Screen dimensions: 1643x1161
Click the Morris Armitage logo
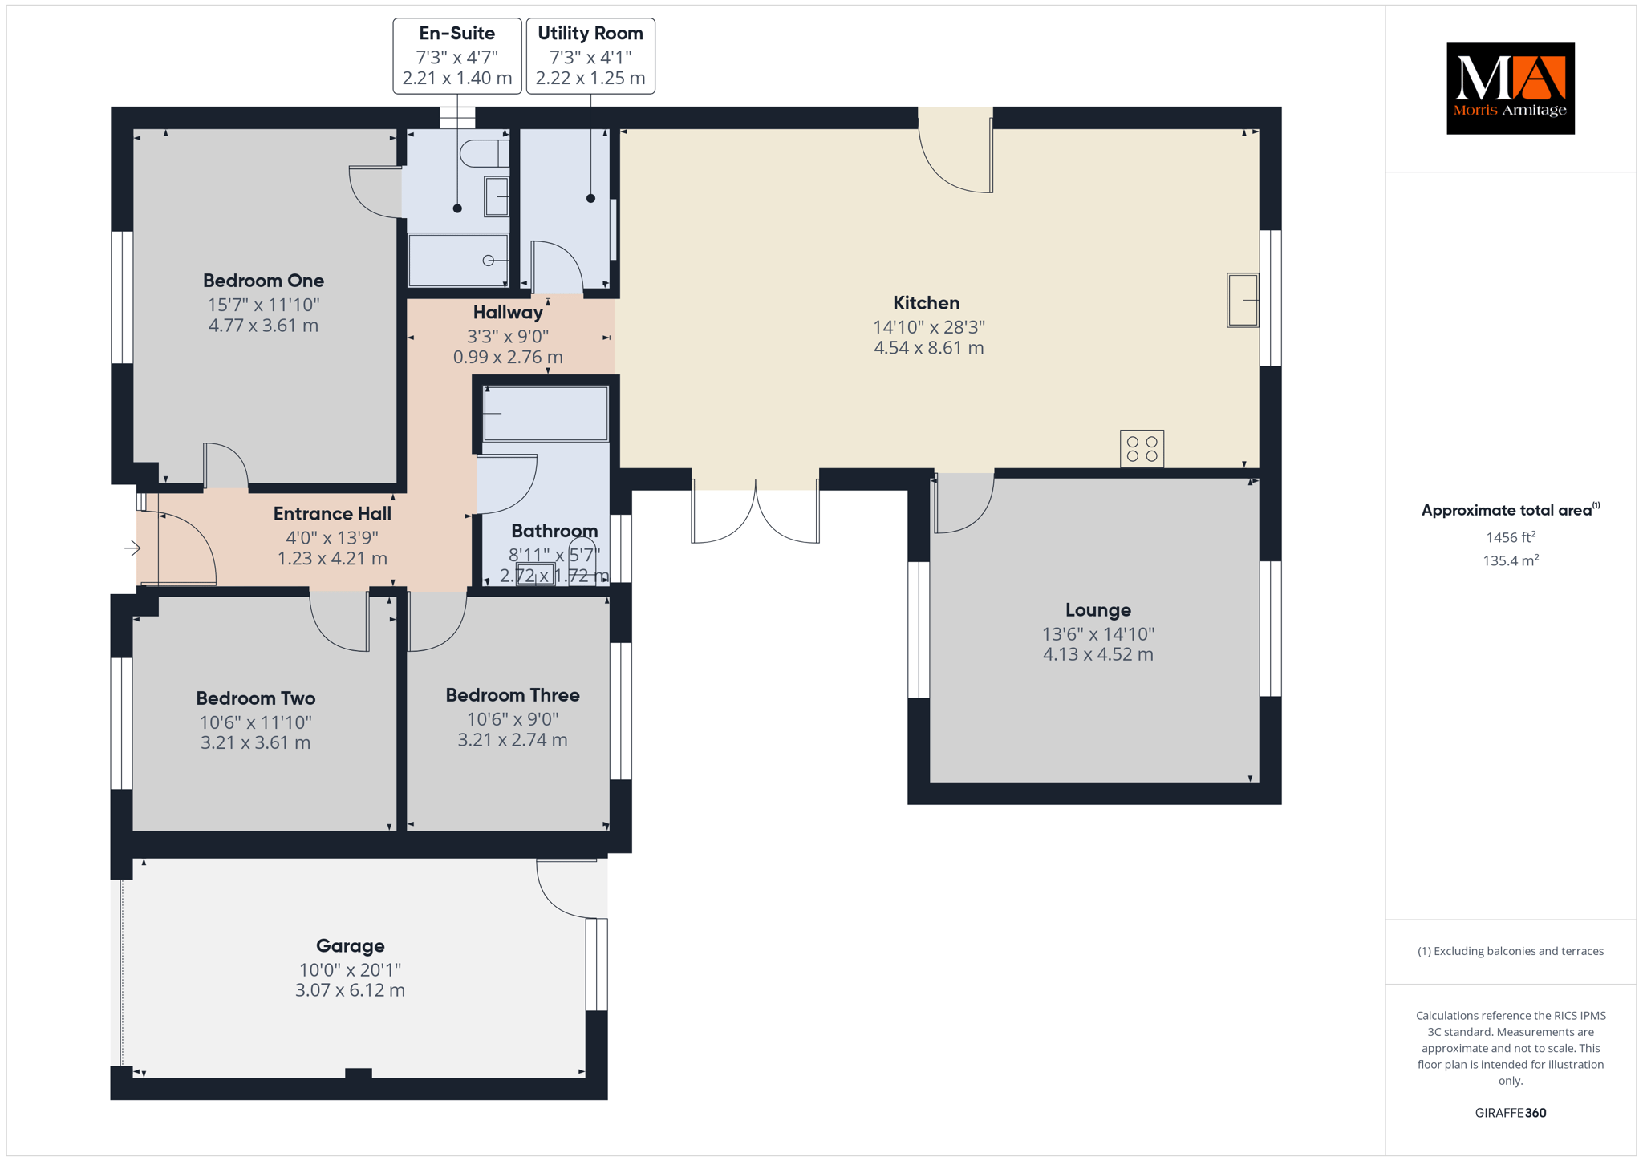(1510, 88)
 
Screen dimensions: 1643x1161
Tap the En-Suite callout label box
(457, 56)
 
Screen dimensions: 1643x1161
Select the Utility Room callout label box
(590, 56)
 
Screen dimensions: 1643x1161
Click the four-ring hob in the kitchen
(1142, 449)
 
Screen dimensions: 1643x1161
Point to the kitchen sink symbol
(1243, 300)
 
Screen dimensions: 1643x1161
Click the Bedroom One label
(263, 281)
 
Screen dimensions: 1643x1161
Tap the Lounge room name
(1097, 610)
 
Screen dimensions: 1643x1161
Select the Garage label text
(350, 946)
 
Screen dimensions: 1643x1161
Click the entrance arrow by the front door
(133, 548)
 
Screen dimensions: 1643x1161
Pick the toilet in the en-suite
(484, 153)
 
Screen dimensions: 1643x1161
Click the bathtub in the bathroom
(546, 414)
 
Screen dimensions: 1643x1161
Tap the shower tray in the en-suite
(458, 260)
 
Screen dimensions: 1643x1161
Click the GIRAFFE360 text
(1511, 1113)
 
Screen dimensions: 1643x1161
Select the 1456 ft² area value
(1511, 537)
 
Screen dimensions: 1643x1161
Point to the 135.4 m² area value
(1511, 560)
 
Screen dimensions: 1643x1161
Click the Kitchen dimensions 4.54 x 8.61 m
(928, 348)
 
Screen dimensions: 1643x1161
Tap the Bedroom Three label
(513, 695)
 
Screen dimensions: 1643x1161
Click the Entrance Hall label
(332, 514)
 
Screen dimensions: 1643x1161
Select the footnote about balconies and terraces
(1511, 951)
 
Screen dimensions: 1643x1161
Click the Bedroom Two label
(255, 698)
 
